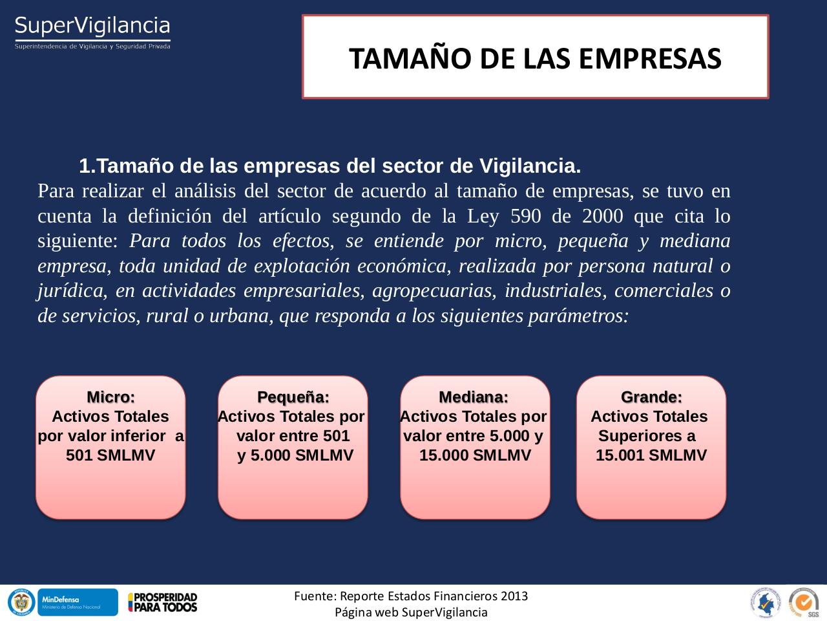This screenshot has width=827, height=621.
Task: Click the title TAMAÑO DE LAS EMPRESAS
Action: click(535, 58)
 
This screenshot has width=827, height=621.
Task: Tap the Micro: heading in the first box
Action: click(110, 397)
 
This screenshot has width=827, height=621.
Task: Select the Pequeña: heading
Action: click(293, 397)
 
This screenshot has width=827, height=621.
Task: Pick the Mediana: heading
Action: click(474, 397)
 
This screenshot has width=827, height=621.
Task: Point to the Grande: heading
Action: click(651, 397)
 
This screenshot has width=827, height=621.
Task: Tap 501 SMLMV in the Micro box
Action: click(110, 455)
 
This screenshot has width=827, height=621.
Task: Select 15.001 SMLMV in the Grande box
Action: click(651, 455)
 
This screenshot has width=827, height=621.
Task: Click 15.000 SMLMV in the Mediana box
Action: click(475, 455)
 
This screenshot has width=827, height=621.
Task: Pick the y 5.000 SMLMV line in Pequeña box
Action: click(295, 455)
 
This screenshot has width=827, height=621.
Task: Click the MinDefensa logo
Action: click(78, 602)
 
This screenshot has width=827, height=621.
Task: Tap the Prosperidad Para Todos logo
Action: click(162, 602)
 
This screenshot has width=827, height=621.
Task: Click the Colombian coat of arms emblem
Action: click(21, 602)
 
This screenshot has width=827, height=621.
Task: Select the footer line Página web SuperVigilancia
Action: click(411, 612)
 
